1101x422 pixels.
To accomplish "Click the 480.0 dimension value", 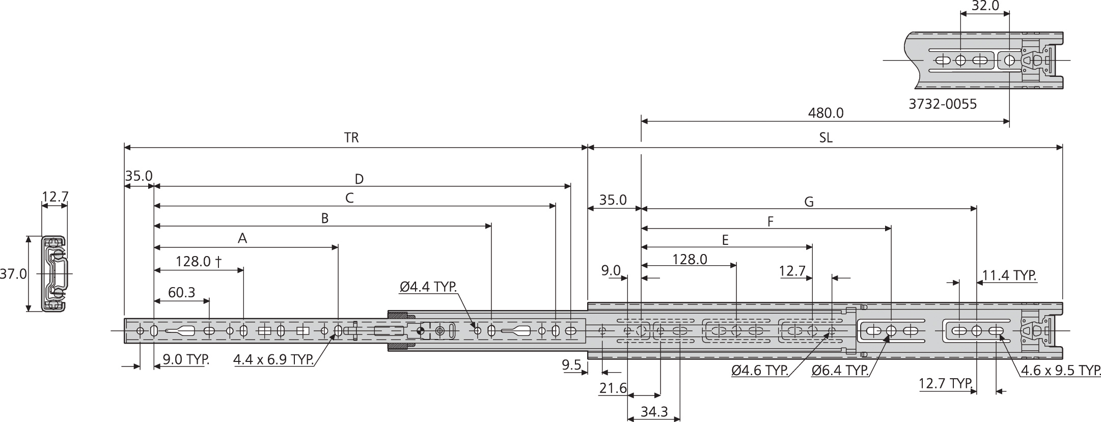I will tap(825, 112).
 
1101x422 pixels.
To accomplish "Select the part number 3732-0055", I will tap(943, 104).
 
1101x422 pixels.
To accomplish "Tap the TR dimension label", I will tap(351, 138).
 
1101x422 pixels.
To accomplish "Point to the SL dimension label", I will tap(825, 138).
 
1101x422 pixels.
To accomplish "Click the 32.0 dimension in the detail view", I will tap(985, 6).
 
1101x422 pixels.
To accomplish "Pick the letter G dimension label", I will tap(809, 202).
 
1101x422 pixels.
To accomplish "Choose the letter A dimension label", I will tap(242, 238).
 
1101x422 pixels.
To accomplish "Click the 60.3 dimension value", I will tap(181, 292).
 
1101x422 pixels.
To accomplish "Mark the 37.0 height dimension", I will tap(13, 274).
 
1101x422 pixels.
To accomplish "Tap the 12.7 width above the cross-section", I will tap(54, 196).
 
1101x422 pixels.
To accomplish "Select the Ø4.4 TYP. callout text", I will tap(428, 287).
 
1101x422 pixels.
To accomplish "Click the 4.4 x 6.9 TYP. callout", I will tap(273, 360).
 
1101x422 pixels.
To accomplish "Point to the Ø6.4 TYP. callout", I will tap(840, 371).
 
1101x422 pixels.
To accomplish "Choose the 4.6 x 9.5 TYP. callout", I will tap(1061, 371).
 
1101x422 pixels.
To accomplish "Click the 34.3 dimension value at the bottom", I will tap(654, 411).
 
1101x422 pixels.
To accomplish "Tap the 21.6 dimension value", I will tap(613, 388).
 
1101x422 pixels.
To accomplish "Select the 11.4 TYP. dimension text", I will tap(1009, 275).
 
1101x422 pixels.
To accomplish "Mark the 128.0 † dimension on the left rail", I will tap(198, 262).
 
